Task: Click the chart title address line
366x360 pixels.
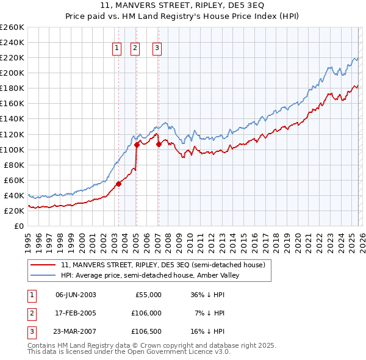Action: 182,5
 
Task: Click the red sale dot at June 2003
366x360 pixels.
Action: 118,184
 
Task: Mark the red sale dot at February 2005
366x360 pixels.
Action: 137,145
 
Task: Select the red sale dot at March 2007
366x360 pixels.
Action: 159,144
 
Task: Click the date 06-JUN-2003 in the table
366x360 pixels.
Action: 76,295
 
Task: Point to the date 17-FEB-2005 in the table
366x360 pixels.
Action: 76,312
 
